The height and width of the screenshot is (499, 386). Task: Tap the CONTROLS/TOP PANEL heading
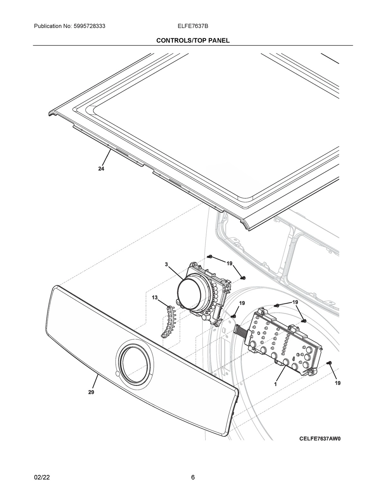click(193, 40)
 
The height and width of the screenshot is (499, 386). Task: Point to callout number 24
click(101, 169)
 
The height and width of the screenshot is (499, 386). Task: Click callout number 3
click(166, 264)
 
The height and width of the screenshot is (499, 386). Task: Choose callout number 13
click(155, 298)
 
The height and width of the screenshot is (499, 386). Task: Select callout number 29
click(91, 392)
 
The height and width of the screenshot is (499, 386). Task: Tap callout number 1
click(276, 383)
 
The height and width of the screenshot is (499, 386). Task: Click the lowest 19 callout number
click(337, 383)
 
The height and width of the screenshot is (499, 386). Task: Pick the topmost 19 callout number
click(229, 263)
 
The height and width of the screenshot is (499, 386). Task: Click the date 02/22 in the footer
click(42, 477)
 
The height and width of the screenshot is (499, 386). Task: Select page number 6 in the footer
click(193, 477)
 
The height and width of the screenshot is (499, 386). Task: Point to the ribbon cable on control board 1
click(241, 331)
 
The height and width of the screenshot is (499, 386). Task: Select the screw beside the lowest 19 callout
click(328, 363)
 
